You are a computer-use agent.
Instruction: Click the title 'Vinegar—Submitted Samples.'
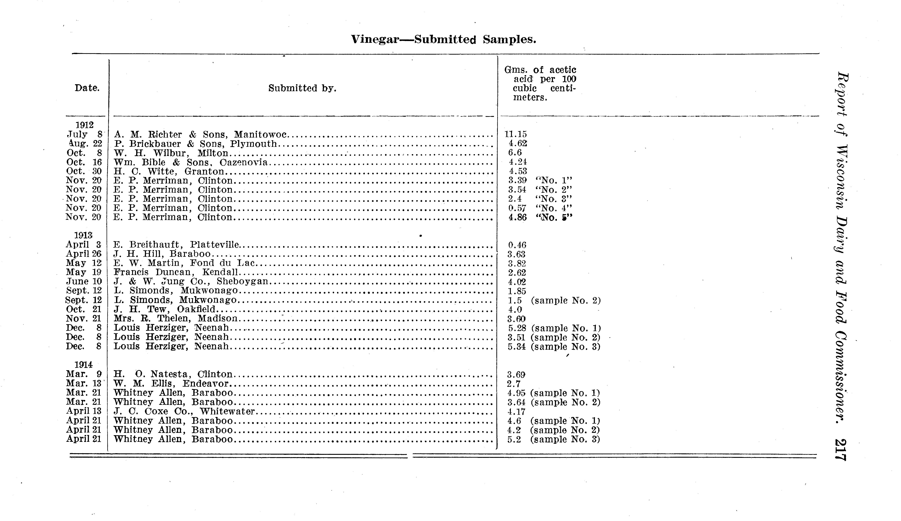pos(443,39)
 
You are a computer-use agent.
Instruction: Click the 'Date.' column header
pos(87,88)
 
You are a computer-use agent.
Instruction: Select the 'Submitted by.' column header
pos(302,88)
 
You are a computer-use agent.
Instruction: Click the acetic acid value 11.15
pos(515,134)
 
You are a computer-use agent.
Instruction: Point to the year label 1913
pos(83,236)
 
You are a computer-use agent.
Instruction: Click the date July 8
pos(85,134)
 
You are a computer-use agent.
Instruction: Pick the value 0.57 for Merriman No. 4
pos(517,208)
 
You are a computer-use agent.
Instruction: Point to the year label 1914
pos(83,365)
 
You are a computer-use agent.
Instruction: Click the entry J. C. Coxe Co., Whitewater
pos(184,411)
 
